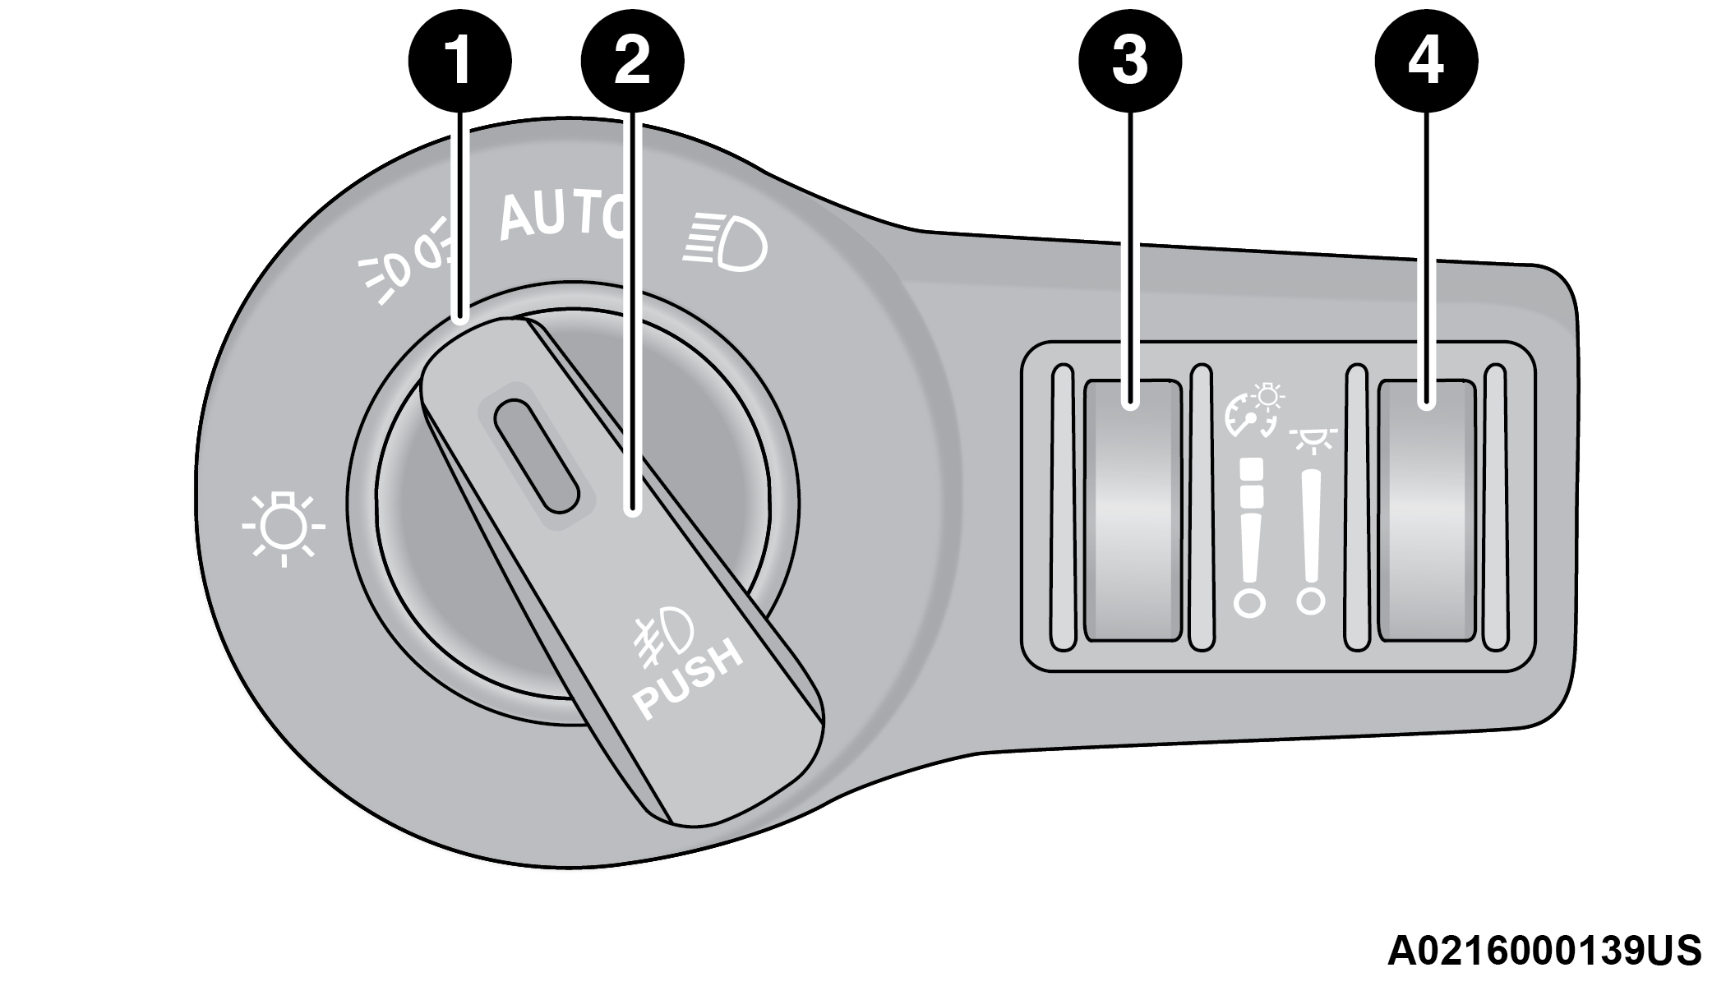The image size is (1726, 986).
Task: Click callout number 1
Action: click(x=460, y=60)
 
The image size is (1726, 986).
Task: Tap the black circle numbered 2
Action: click(x=632, y=60)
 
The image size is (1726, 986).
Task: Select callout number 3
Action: click(x=1130, y=60)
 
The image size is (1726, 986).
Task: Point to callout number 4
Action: click(x=1426, y=60)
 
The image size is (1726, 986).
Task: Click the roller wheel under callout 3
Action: click(x=1132, y=509)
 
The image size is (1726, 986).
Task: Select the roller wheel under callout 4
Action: click(x=1426, y=509)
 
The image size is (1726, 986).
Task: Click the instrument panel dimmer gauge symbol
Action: click(x=1254, y=409)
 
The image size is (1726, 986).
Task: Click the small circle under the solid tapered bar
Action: click(x=1310, y=601)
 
